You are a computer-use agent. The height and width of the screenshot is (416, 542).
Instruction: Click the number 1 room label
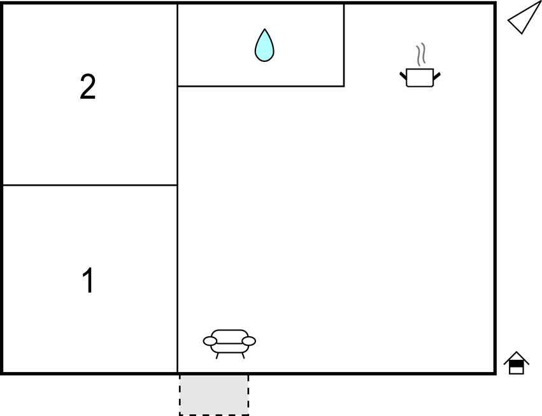point(88,281)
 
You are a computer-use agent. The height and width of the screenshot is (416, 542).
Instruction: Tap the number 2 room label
point(88,87)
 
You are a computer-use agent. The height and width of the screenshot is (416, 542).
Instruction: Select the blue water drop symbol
point(264,46)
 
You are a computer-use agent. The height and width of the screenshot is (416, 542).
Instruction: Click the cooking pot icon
point(420,77)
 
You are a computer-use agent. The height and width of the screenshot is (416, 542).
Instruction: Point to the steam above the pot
point(420,55)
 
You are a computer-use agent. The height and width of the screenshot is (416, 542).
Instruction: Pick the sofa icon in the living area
point(229,342)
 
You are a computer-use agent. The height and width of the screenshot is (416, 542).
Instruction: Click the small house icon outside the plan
point(517,363)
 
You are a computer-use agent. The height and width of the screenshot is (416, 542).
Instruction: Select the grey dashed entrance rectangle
point(214,394)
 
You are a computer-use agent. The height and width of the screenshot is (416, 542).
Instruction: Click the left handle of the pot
point(403,77)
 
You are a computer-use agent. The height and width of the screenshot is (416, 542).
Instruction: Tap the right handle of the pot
point(437,77)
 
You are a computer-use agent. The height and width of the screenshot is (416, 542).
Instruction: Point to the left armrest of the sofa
point(210,341)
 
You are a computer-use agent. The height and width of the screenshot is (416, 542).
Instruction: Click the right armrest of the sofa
point(249,341)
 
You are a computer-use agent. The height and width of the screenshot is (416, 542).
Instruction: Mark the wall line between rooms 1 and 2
point(89,185)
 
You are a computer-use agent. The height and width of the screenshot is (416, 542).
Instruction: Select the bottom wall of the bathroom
point(261,85)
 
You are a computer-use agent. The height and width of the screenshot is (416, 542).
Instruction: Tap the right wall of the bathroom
point(344,45)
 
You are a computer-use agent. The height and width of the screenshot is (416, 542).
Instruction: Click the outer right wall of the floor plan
point(495,191)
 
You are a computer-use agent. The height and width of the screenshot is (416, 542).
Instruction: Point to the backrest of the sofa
point(229,333)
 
